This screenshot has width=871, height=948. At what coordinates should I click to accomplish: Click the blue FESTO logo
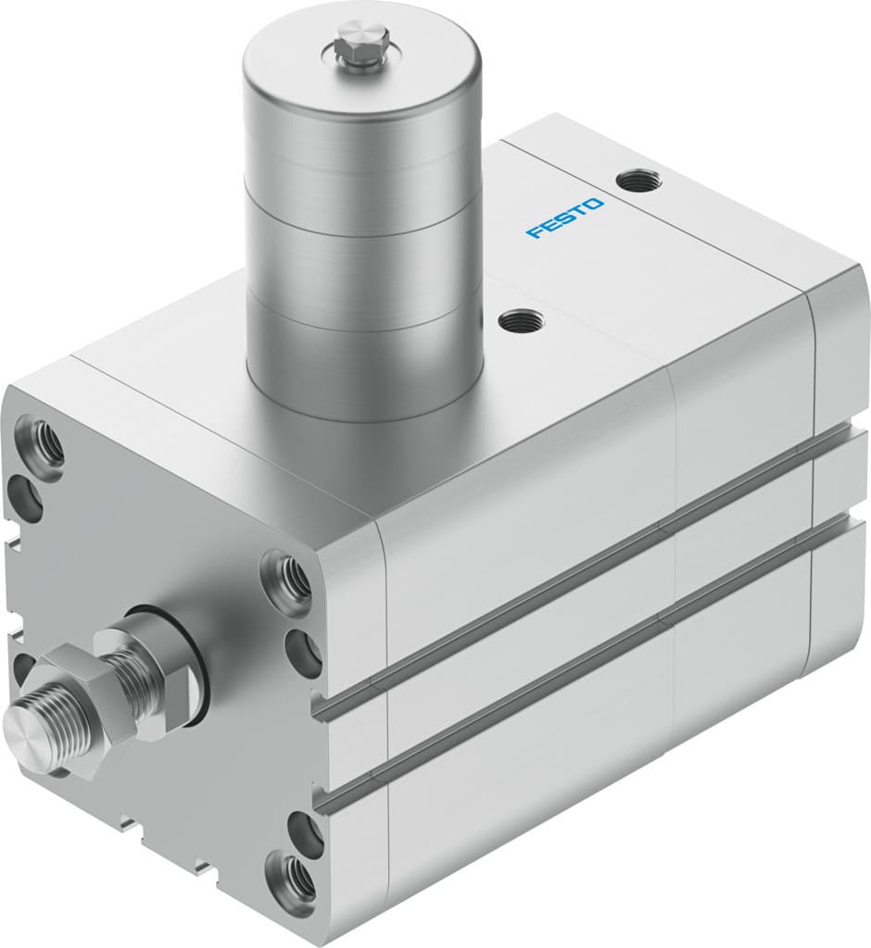565,218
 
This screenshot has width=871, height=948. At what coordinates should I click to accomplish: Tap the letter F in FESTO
534,231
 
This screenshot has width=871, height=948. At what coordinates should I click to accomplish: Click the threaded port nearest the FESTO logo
640,178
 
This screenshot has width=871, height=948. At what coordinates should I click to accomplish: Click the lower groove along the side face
593,648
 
